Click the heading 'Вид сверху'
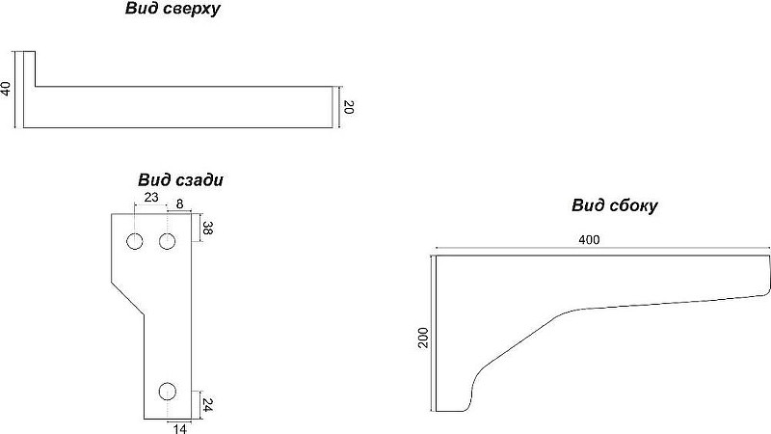(173, 9)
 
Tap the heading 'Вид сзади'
(180, 179)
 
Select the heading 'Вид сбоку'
(614, 205)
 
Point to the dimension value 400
(589, 239)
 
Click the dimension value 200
(423, 338)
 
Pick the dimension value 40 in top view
(6, 89)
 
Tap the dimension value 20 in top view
(348, 107)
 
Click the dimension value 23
(151, 197)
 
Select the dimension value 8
(179, 203)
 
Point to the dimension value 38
(207, 228)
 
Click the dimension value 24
(207, 405)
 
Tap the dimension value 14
(180, 428)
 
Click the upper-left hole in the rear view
(135, 242)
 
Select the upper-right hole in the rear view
(167, 242)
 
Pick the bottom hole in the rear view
(168, 392)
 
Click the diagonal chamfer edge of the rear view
(127, 297)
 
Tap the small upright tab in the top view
(30, 68)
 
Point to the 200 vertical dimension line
(431, 333)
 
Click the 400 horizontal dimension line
(600, 249)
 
